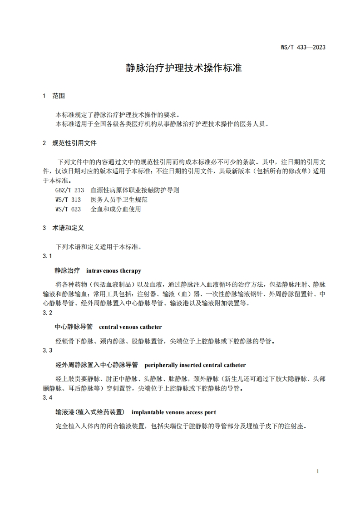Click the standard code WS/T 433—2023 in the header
(x=303, y=47)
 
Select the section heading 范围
(x=59, y=96)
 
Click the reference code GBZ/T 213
(x=69, y=191)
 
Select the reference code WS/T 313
(x=68, y=200)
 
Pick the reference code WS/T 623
(x=68, y=209)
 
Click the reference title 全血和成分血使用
(x=116, y=209)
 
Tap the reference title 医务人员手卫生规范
(x=119, y=200)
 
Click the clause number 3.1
(x=47, y=256)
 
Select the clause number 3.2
(x=47, y=313)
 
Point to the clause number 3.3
(x=47, y=350)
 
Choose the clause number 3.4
(x=47, y=397)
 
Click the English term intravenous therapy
(x=113, y=271)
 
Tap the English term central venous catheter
(x=130, y=327)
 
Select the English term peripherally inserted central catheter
(x=195, y=365)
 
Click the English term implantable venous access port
(x=173, y=412)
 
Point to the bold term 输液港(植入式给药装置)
(x=89, y=412)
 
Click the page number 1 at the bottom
(x=318, y=471)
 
